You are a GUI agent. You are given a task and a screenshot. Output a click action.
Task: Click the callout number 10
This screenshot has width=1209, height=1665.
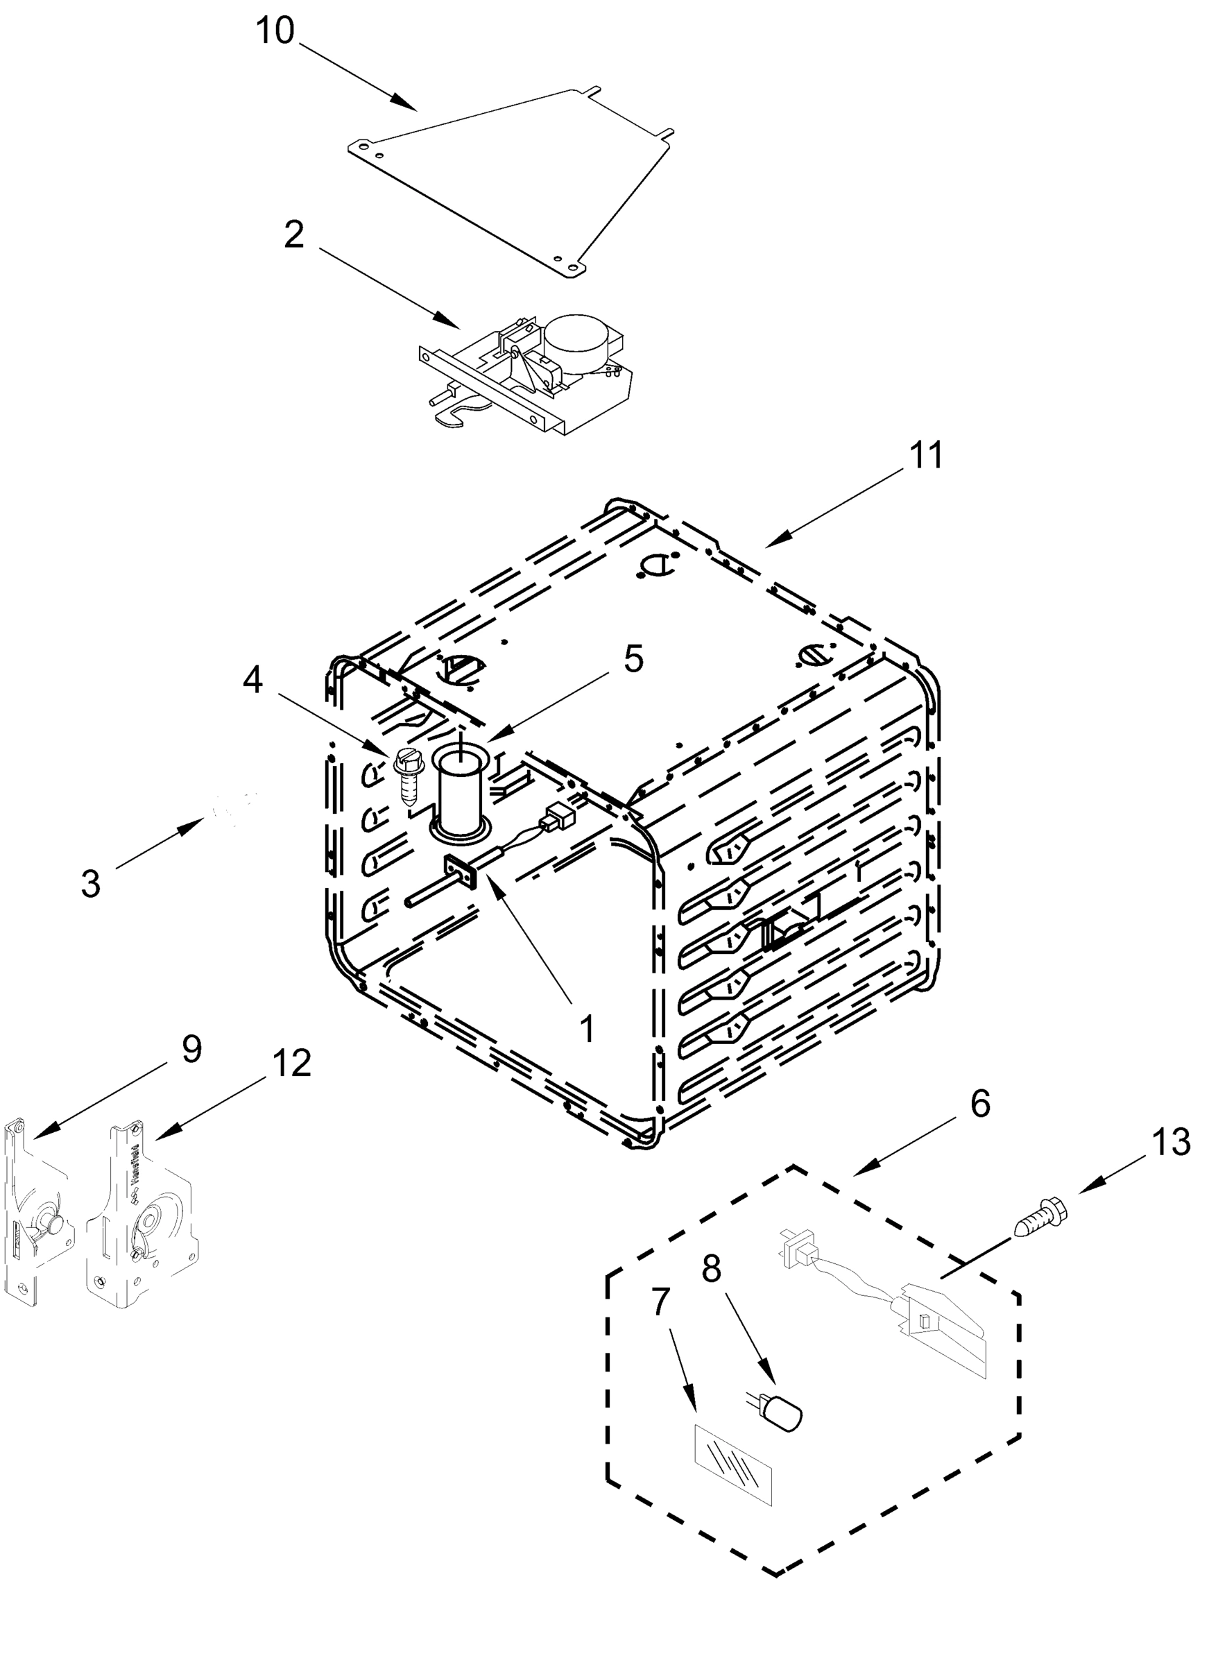point(275,32)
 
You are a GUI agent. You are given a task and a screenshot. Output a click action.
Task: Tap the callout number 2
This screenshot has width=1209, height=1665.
point(293,235)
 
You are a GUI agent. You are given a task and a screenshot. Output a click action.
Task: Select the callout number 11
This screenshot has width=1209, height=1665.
point(926,455)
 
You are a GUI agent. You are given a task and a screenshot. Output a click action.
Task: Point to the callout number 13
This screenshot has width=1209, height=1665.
point(1170,1143)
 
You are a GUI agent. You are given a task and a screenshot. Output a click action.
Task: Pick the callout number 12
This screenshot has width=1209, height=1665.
point(291,1062)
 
